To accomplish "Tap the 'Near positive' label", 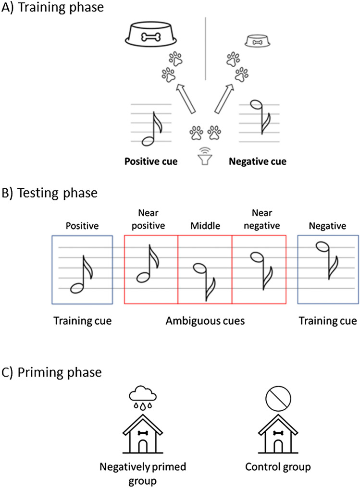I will click(x=150, y=220).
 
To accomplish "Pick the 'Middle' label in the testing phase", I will click(x=204, y=224).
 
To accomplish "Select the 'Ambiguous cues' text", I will click(x=205, y=321).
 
